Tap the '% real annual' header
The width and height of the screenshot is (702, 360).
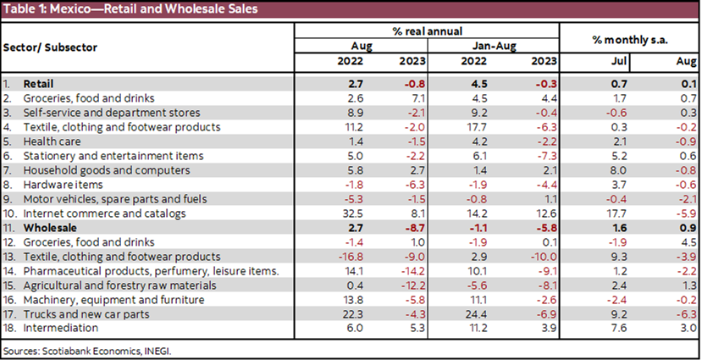426,31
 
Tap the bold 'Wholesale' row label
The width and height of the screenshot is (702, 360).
51,228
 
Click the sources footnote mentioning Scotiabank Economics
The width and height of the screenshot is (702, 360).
81,349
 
